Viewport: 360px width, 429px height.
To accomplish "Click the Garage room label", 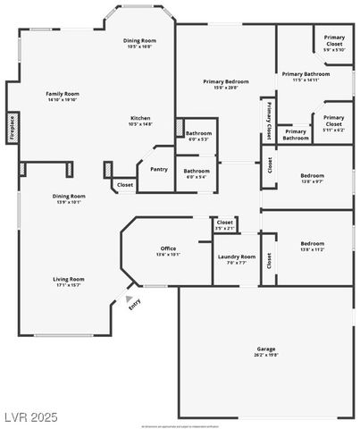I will (265, 348).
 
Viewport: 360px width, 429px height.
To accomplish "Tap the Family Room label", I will (63, 93).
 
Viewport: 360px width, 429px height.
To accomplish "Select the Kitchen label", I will (140, 118).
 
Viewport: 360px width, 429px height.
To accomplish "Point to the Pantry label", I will (159, 169).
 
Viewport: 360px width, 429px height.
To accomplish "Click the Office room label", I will (168, 248).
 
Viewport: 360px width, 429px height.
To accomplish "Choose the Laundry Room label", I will (237, 257).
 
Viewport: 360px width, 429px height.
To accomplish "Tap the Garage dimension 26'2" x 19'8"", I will (265, 354).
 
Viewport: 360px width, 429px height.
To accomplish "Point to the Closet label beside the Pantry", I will (124, 185).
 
